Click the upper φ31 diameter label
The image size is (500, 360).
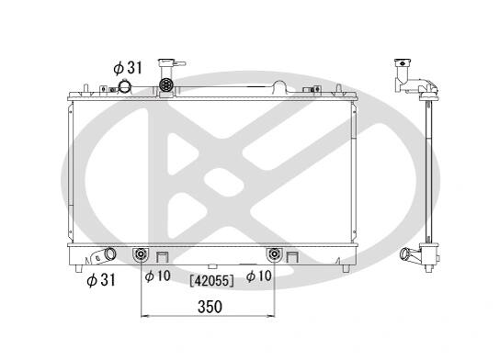128,68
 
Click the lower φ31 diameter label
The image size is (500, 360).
101,280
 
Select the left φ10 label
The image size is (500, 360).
157,276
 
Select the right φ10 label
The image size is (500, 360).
258,276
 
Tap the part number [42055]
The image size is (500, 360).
211,281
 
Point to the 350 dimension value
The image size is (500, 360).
210,307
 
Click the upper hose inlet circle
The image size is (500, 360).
124,86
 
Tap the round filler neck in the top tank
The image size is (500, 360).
166,84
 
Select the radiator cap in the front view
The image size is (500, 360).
171,63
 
